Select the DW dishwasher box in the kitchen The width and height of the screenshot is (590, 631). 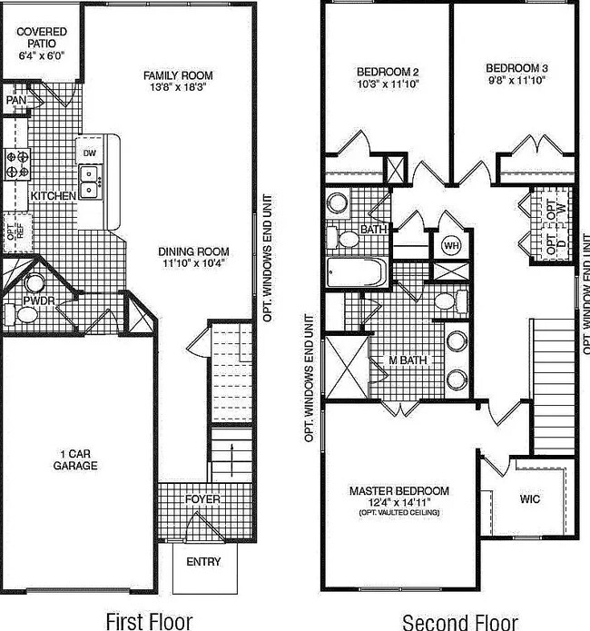[x=89, y=153]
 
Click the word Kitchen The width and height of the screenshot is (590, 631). [x=53, y=196]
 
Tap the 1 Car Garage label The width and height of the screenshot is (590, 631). [x=76, y=459]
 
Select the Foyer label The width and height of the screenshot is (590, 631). [x=202, y=499]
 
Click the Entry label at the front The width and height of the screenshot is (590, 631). [x=202, y=562]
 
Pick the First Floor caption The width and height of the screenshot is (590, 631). [x=149, y=621]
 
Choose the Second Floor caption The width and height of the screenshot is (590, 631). [x=460, y=621]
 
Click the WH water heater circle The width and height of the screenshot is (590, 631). [x=451, y=245]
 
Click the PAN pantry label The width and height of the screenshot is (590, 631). [x=16, y=101]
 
